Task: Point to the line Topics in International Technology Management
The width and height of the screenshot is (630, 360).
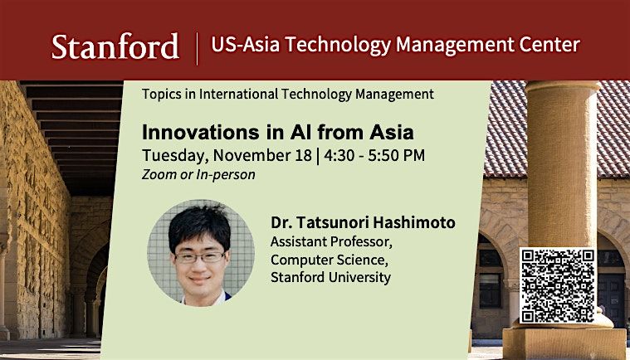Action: [288, 95]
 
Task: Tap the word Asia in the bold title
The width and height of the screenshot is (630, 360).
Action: [390, 132]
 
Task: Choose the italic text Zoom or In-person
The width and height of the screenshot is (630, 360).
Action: [198, 174]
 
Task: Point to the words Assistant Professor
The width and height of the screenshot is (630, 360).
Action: [320, 241]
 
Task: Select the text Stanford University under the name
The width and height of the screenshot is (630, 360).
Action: [330, 277]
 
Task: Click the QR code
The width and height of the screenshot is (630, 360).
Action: [557, 285]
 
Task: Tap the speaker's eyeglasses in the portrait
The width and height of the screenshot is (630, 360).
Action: [200, 256]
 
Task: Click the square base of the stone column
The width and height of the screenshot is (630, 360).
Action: [564, 342]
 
